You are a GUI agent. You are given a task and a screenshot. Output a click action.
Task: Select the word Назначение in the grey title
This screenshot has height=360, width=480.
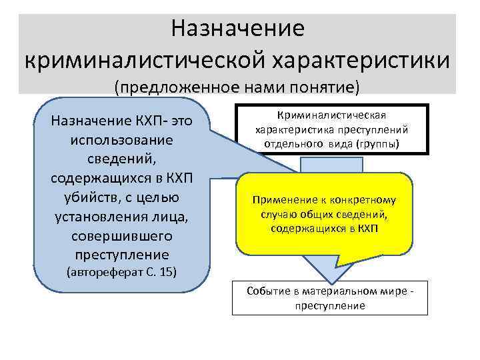237,28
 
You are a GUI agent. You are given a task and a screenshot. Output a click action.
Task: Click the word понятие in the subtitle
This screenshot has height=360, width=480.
327,87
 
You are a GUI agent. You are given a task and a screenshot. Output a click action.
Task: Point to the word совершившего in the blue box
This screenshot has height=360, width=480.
121,237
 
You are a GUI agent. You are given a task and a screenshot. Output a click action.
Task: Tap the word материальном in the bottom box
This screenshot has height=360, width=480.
343,292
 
